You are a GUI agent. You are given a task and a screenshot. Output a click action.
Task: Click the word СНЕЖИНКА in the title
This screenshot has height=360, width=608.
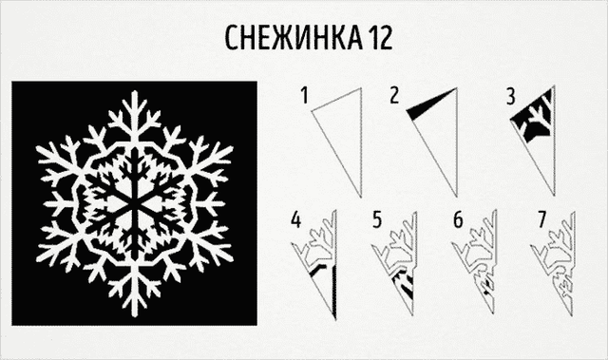294,37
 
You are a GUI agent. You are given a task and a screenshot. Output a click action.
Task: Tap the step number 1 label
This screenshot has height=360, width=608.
305,95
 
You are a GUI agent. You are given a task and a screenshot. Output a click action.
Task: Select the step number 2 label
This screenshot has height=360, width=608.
394,95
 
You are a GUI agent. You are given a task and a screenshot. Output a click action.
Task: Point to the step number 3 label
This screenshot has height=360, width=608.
511,97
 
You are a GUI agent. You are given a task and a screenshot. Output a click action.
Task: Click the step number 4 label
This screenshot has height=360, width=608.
295,220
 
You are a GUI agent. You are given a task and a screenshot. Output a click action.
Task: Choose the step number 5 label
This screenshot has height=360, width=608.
377,219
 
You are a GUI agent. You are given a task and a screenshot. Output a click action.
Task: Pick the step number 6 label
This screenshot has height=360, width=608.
458,219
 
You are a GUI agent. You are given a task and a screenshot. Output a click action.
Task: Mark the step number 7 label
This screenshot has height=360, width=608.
542,219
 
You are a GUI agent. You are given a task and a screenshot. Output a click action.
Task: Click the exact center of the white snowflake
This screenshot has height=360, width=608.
135,203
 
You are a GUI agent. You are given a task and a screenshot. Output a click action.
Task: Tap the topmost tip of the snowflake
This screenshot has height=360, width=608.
135,90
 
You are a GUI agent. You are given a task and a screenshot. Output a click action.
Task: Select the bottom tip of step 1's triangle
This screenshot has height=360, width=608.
361,198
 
